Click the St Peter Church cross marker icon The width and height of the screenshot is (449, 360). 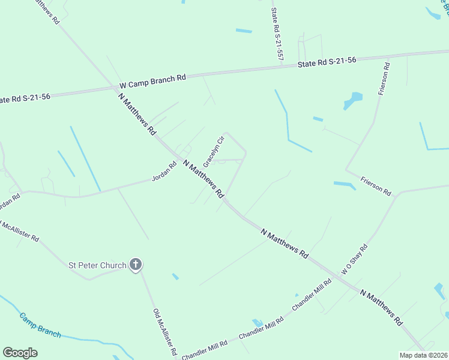pyautogui.click(x=136, y=264)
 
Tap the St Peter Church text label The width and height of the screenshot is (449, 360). pyautogui.click(x=97, y=265)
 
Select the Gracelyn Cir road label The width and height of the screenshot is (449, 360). pyautogui.click(x=213, y=152)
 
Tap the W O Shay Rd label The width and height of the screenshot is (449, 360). pyautogui.click(x=354, y=259)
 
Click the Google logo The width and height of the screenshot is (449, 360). pyautogui.click(x=20, y=353)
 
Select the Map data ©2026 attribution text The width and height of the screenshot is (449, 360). pyautogui.click(x=423, y=355)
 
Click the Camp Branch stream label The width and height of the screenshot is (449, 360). pyautogui.click(x=40, y=325)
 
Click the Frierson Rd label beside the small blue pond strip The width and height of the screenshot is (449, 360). pyautogui.click(x=376, y=186)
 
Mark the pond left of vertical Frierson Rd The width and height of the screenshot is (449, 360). pyautogui.click(x=354, y=100)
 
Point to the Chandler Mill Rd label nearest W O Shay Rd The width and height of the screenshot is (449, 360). pyautogui.click(x=312, y=294)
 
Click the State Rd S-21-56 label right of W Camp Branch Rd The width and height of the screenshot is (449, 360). pyautogui.click(x=327, y=61)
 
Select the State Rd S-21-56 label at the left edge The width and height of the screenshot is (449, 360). pyautogui.click(x=25, y=97)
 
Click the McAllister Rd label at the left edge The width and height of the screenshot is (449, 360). pyautogui.click(x=20, y=230)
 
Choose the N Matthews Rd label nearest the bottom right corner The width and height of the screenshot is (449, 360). pyautogui.click(x=381, y=307)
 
